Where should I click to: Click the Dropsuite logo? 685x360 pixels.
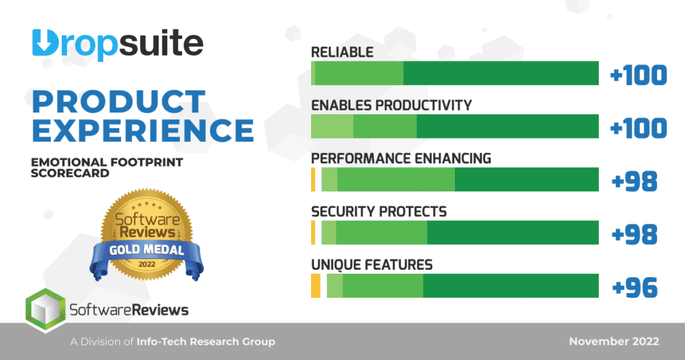[x=117, y=44]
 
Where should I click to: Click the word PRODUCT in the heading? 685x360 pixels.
[x=118, y=102]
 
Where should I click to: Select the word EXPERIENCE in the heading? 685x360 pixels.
[x=142, y=130]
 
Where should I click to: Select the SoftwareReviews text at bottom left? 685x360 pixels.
[x=129, y=310]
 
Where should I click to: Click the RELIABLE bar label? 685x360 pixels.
[x=342, y=52]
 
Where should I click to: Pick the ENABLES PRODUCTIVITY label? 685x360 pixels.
[x=391, y=106]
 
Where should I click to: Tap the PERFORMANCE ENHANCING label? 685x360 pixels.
[x=401, y=159]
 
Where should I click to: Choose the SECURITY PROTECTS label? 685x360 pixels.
[x=379, y=211]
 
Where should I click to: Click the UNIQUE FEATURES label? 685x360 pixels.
[x=372, y=264]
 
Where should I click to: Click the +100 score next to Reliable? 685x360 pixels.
[x=639, y=75]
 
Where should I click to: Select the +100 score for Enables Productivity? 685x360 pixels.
[x=639, y=128]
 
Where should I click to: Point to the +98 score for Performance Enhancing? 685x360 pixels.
[x=635, y=181]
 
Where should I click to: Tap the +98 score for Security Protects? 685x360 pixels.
[x=635, y=234]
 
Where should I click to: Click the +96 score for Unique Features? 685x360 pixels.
[x=635, y=287]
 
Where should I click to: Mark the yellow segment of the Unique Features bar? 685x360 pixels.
[x=316, y=286]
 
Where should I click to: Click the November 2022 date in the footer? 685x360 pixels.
[x=614, y=341]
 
